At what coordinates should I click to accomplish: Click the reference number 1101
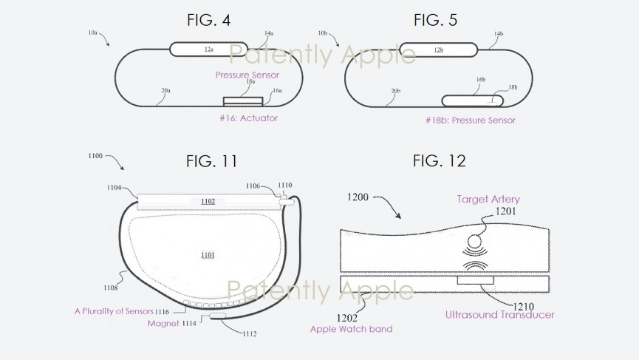(x=208, y=255)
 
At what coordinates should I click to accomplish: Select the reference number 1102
(x=209, y=200)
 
